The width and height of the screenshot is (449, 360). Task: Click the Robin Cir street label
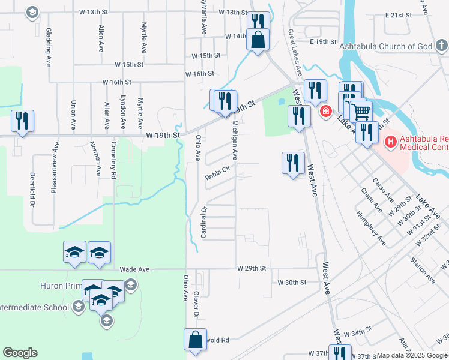pos(218,173)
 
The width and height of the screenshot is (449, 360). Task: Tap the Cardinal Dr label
pos(204,223)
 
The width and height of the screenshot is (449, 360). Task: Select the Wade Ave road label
pos(134,270)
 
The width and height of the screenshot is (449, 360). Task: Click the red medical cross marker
pos(325,111)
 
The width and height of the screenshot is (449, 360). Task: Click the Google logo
pos(20,353)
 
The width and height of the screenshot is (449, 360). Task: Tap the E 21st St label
pos(399,14)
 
